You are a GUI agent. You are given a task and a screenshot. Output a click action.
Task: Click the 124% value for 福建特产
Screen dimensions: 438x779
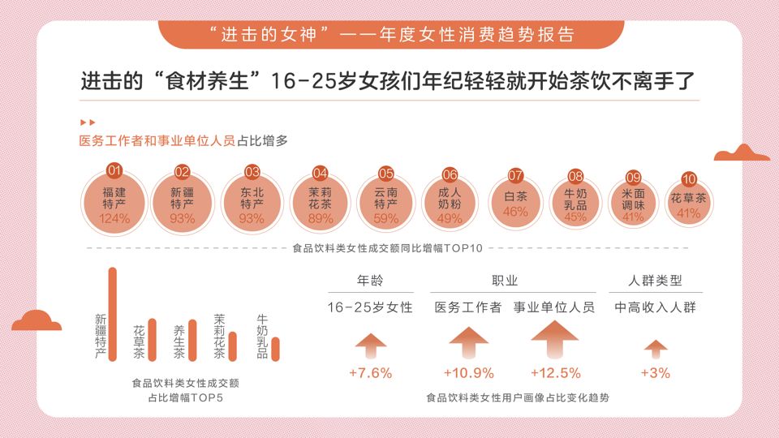tap(114, 219)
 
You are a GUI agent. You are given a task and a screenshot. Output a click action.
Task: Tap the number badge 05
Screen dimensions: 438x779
tap(386, 173)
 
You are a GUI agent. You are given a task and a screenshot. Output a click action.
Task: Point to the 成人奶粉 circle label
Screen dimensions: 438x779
tap(449, 200)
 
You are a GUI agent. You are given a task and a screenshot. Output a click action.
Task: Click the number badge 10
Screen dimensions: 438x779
tap(689, 179)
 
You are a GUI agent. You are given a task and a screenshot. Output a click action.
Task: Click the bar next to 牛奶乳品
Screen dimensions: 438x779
tap(275, 348)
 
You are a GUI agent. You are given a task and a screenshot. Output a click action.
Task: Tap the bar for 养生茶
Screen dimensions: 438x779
tap(192, 340)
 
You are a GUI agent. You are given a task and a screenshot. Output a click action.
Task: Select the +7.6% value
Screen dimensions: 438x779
tap(370, 374)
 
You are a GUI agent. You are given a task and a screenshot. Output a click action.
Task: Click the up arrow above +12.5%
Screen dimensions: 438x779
tap(555, 339)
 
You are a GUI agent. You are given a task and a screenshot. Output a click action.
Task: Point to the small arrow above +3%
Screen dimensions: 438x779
tap(655, 349)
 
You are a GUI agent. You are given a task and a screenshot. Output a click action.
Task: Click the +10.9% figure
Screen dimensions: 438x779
tap(469, 374)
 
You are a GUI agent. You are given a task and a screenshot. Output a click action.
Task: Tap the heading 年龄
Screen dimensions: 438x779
tap(370, 281)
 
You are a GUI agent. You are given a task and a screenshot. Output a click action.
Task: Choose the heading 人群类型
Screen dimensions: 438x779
tap(655, 281)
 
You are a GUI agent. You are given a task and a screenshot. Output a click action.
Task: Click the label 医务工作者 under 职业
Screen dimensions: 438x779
tap(468, 308)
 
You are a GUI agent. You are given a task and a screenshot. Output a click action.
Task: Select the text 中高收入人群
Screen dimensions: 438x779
tap(655, 308)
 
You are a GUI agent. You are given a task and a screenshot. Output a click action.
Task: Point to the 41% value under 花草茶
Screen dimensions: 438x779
tap(688, 214)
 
